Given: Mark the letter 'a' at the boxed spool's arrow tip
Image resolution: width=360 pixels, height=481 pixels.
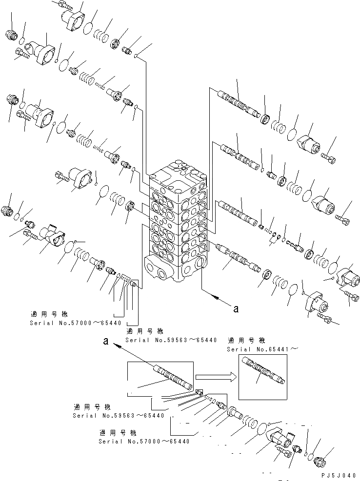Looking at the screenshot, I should point(105,342).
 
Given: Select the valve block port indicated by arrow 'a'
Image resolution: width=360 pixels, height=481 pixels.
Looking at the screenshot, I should point(199,264).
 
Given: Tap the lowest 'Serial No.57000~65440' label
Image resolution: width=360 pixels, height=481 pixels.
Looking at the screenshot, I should point(144,442).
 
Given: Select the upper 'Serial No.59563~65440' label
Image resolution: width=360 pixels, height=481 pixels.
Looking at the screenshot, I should point(171,340).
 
